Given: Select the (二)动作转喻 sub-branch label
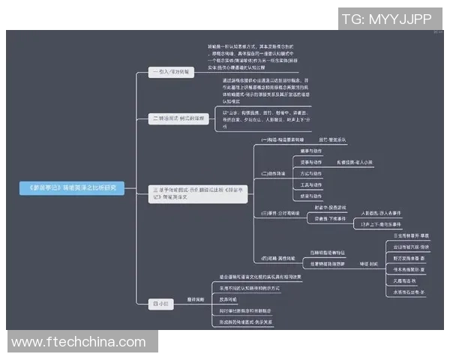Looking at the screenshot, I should (x=275, y=173).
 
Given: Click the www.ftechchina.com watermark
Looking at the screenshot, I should (x=79, y=342).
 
